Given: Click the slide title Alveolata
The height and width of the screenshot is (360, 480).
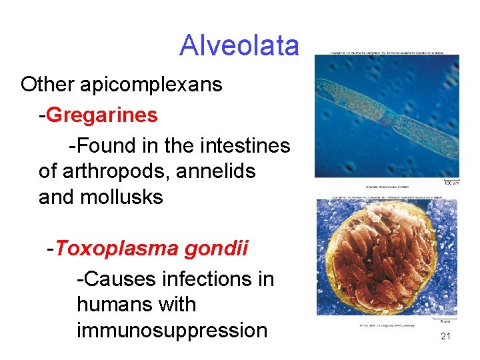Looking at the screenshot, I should tap(239, 45).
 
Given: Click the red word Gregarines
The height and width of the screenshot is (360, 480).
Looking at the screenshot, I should tap(103, 115).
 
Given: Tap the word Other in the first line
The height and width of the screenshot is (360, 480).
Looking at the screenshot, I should tap(47, 85).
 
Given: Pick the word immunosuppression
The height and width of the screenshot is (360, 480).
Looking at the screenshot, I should tap(172, 331).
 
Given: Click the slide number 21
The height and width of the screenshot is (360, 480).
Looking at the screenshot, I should tap(446, 337).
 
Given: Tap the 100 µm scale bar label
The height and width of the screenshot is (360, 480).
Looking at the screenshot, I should tap(451, 182).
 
